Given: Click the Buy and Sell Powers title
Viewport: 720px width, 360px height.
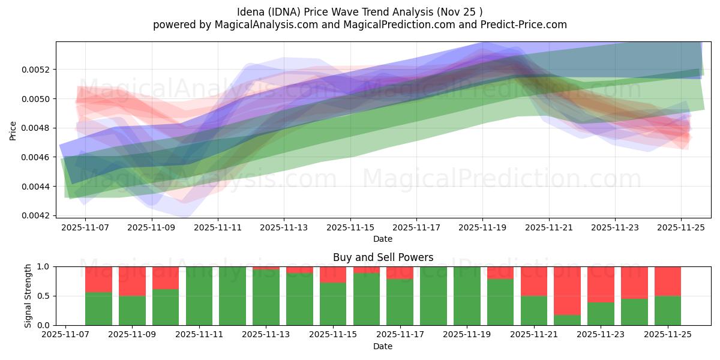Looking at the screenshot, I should coord(383,257).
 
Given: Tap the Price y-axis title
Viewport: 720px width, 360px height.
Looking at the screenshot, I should coord(13,130).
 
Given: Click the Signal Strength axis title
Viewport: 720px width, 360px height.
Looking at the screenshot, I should coord(28,296).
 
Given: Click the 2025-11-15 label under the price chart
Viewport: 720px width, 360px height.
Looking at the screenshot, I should coord(350,228).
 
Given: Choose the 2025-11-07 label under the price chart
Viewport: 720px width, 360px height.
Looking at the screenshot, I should coord(85,228).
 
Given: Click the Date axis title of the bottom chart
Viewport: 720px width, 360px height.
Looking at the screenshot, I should coord(383,346).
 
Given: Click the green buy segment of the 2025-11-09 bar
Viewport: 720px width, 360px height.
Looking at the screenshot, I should coord(132,310).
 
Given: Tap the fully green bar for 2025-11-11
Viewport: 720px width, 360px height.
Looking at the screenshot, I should coord(199,296).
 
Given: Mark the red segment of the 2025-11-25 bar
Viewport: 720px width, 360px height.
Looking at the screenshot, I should coord(668,281).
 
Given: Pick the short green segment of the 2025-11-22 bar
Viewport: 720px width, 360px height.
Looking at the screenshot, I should coord(567,320).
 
